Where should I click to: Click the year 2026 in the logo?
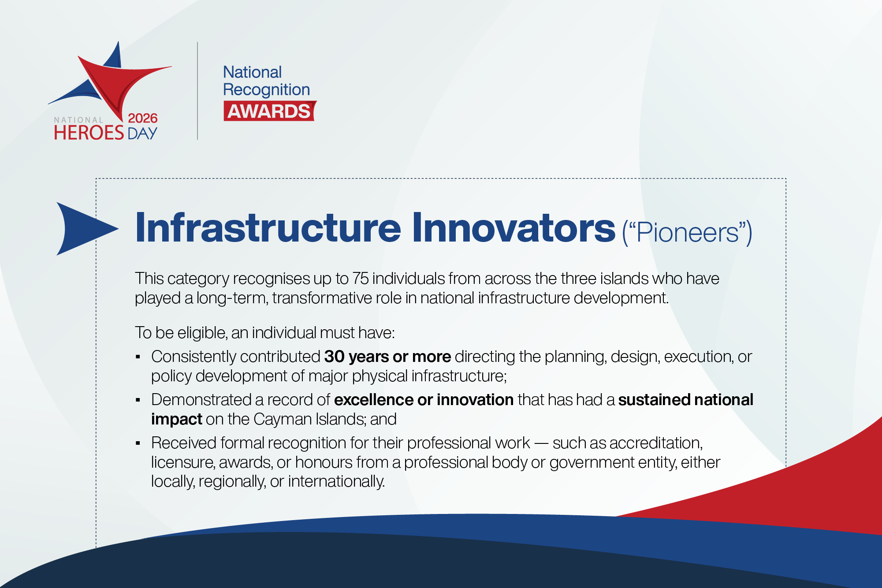[x=142, y=118]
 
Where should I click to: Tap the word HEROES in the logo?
[x=89, y=133]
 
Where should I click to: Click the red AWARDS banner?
[x=269, y=111]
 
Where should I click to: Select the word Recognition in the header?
[x=266, y=89]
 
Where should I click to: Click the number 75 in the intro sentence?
[x=360, y=279]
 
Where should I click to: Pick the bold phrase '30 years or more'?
[x=387, y=357]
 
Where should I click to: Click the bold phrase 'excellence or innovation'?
[x=424, y=400]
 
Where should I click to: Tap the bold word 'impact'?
[x=176, y=419]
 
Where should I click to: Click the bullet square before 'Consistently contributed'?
[x=138, y=357]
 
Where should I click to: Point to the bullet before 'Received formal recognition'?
[x=138, y=443]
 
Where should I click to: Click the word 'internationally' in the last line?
[x=336, y=481]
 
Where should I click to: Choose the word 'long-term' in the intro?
[x=232, y=298]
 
